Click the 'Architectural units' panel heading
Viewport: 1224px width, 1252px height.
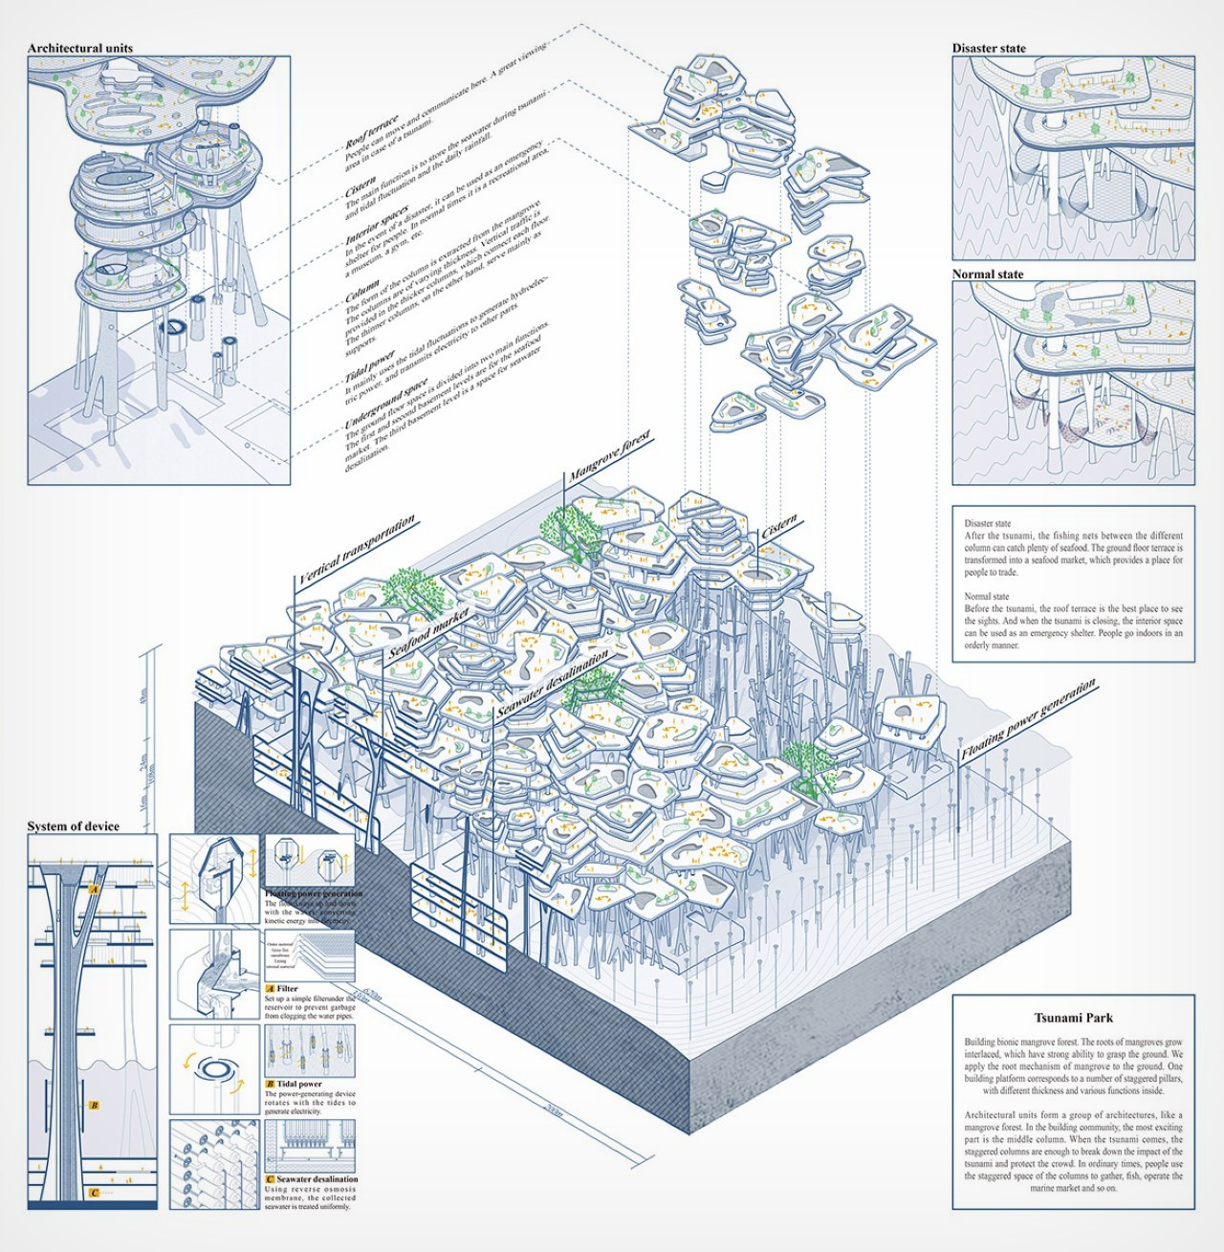(80, 48)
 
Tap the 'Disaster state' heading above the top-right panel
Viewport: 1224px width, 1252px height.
(989, 48)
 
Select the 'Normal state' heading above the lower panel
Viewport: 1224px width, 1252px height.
(988, 275)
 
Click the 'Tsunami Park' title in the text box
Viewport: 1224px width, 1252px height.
(1074, 1018)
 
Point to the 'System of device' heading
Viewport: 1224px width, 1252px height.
(74, 826)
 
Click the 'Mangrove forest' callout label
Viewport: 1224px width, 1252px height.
(609, 456)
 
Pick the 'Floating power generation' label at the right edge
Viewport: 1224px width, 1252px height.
(1028, 719)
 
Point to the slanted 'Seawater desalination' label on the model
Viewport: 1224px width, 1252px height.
(552, 684)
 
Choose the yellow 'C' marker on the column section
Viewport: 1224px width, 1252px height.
(94, 1193)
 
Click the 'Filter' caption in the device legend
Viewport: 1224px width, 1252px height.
(287, 989)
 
